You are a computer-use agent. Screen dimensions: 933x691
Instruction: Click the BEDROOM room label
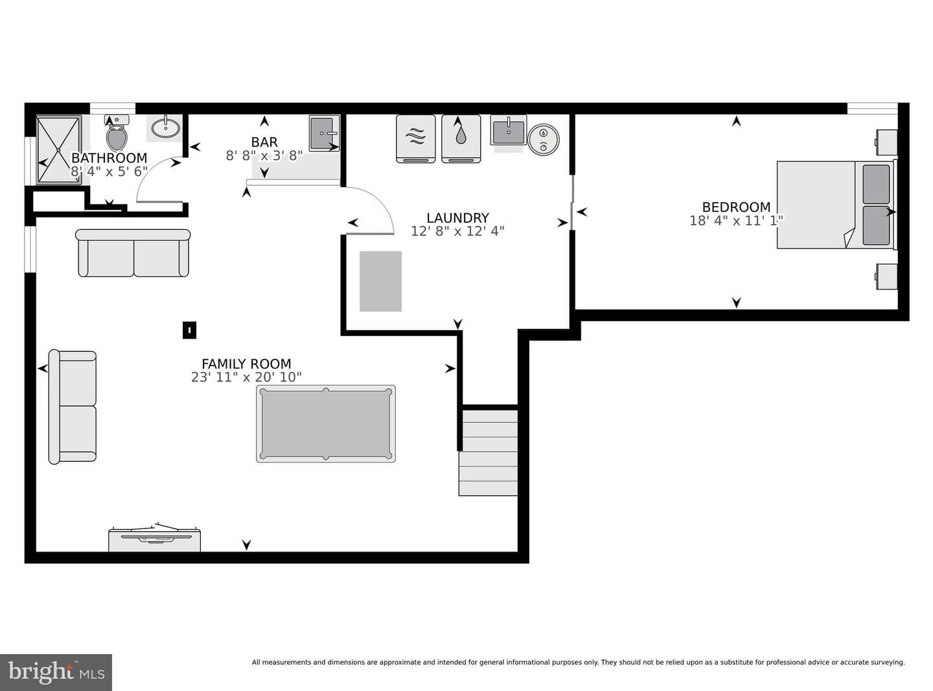tap(736, 207)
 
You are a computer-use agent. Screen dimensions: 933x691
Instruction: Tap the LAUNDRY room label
tap(457, 218)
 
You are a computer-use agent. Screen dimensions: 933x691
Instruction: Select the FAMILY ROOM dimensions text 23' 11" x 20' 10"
tap(246, 378)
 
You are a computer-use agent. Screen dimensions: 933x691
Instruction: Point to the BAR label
tap(264, 142)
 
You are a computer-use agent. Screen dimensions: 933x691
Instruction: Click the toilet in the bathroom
tap(117, 133)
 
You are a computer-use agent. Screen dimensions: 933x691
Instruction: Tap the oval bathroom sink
tap(166, 128)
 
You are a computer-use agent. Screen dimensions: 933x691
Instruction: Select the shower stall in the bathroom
tap(58, 150)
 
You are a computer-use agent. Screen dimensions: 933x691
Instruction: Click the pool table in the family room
tap(326, 424)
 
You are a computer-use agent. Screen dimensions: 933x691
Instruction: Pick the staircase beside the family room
tap(488, 453)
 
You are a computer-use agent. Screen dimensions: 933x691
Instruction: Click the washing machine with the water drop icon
tap(461, 139)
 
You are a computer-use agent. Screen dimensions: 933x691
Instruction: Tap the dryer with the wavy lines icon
tap(416, 139)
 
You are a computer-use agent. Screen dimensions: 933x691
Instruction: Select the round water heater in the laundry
tap(544, 139)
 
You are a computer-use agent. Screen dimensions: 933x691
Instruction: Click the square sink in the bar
tap(325, 133)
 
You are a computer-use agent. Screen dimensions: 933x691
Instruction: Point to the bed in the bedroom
tap(836, 205)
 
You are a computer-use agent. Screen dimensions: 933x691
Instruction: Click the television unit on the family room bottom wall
tap(154, 539)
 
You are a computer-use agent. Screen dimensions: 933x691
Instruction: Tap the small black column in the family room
tap(189, 330)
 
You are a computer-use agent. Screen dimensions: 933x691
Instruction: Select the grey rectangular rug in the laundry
tap(381, 281)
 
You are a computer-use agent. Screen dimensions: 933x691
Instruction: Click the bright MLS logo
tap(56, 672)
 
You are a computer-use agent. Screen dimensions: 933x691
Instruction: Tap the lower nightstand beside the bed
tap(887, 277)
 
